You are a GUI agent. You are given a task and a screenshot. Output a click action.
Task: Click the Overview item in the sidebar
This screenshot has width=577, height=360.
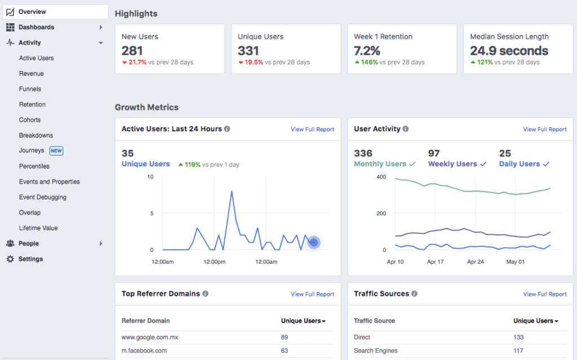point(32,12)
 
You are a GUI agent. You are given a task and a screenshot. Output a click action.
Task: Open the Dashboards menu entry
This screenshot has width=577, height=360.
point(36,27)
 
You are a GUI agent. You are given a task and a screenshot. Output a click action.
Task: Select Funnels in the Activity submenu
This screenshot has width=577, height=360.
point(30,89)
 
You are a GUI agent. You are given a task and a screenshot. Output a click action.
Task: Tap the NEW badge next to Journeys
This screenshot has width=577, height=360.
point(56,151)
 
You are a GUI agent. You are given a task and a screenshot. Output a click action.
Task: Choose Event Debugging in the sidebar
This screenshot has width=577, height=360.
point(42,197)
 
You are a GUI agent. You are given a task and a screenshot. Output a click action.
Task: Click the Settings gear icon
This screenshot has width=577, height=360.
point(10,259)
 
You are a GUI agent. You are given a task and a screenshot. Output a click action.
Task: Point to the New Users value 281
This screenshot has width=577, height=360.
point(132,51)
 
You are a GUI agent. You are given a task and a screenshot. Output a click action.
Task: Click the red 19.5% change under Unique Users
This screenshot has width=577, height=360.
point(254,63)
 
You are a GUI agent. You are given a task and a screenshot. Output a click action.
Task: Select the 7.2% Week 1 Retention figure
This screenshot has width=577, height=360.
point(367,51)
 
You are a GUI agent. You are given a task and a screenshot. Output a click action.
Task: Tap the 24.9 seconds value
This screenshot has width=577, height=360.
point(509,51)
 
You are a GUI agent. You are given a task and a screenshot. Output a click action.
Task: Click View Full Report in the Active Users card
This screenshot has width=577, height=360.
point(312,130)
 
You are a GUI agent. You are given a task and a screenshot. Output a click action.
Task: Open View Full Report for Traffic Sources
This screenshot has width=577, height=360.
point(544,294)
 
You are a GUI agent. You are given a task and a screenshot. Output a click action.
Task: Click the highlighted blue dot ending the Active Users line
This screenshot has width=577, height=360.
point(314,242)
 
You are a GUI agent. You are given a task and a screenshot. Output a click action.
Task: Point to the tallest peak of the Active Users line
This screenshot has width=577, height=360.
point(232,192)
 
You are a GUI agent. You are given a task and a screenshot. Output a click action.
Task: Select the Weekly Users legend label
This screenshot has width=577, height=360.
point(452,164)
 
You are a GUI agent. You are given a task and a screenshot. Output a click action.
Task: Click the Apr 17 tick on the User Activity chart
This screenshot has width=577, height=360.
point(436,261)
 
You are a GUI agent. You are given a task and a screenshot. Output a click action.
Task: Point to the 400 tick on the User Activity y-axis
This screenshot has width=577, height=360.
point(380,177)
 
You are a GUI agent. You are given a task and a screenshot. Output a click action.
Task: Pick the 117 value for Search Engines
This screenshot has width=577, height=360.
point(518,350)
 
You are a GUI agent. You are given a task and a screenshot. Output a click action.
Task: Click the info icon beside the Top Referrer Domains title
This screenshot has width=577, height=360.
point(205,294)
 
